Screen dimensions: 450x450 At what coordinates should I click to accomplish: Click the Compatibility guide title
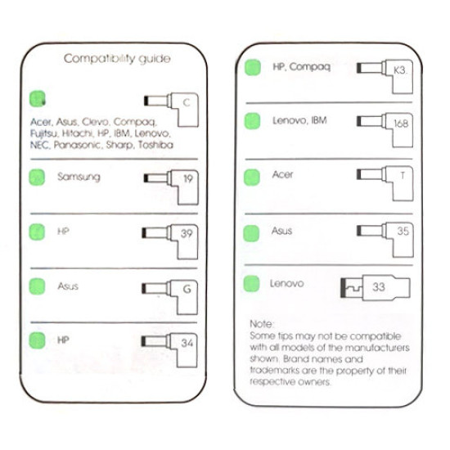(x=117, y=59)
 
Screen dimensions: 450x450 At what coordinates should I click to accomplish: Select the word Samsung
(x=79, y=177)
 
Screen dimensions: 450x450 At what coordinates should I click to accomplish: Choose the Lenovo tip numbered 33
(x=376, y=287)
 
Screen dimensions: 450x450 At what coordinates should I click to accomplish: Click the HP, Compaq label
(x=302, y=67)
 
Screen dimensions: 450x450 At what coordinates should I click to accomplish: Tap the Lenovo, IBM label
(x=299, y=120)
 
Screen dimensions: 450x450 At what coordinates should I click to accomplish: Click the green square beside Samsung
(x=37, y=178)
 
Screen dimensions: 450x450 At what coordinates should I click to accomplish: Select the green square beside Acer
(x=252, y=178)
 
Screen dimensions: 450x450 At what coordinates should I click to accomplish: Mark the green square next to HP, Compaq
(x=253, y=67)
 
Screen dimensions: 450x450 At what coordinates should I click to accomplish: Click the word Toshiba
(x=155, y=145)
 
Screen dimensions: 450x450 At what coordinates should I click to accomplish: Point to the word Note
(x=262, y=324)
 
